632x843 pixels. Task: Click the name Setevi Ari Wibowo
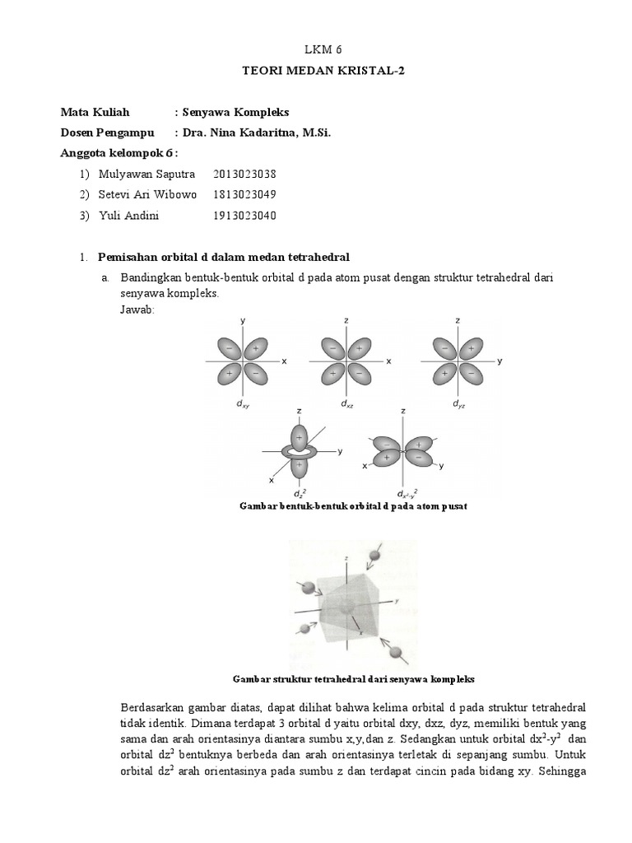pyautogui.click(x=147, y=194)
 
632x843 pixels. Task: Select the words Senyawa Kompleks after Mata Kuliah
pyautogui.click(x=235, y=111)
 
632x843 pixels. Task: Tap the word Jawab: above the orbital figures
pyautogui.click(x=137, y=309)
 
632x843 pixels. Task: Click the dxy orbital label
pyautogui.click(x=240, y=404)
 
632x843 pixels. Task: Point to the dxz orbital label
pyautogui.click(x=346, y=404)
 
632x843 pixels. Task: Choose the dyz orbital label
pyautogui.click(x=458, y=404)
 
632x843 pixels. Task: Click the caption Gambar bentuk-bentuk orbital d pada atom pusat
pyautogui.click(x=351, y=506)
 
